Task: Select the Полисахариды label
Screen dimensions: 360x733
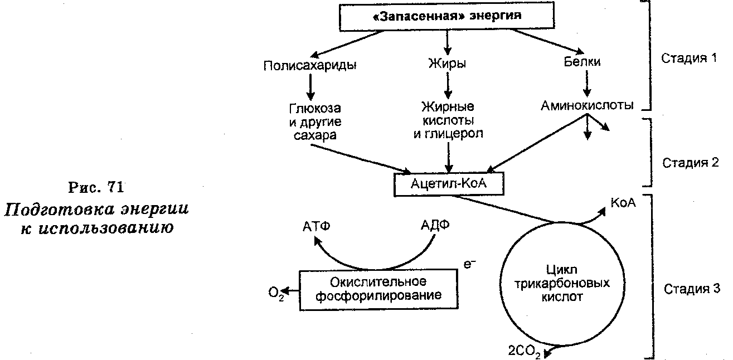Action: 310,65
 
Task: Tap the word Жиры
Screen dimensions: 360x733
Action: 447,64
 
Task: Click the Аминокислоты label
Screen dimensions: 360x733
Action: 587,105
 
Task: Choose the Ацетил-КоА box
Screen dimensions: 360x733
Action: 449,184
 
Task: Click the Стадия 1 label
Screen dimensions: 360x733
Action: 688,59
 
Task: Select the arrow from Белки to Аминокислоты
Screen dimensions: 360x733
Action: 585,83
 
